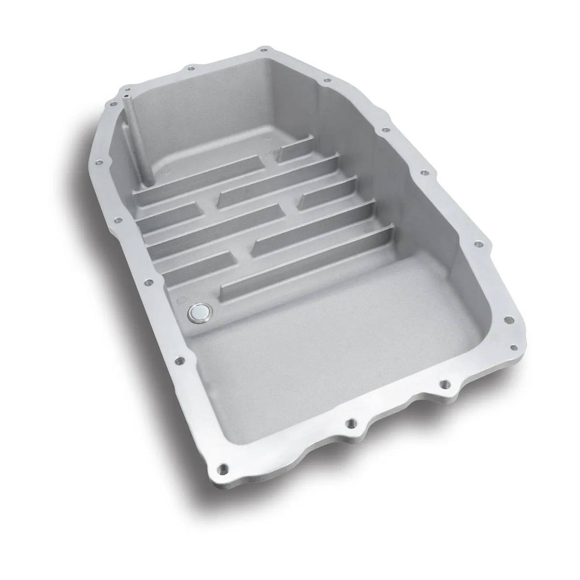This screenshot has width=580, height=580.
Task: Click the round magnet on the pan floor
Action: [x=199, y=313]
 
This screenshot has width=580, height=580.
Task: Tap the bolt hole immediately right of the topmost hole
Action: [x=327, y=80]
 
